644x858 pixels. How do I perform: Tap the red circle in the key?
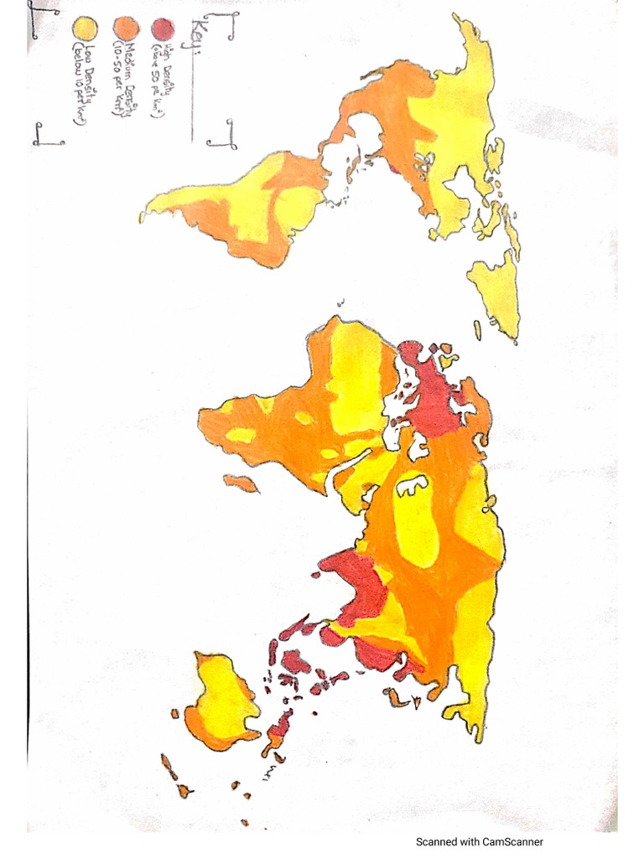158,28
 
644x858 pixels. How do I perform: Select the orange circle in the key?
122,28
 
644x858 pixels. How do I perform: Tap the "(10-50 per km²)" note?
117,75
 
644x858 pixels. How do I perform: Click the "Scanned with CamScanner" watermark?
480,842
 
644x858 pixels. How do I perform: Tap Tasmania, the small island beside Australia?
174,714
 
